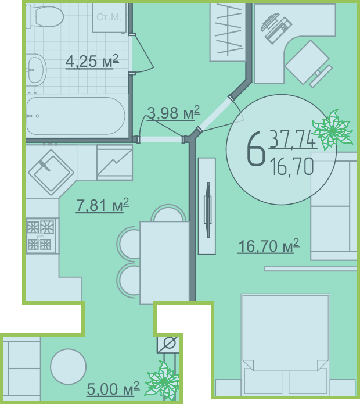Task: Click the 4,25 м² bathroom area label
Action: coord(92,61)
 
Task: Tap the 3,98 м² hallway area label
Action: coord(174,113)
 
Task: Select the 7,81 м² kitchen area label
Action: coord(102,205)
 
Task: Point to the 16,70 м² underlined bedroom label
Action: coord(268,246)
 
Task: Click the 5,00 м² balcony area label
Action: coord(113,389)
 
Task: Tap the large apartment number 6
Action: coord(255,148)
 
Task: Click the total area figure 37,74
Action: coord(293,140)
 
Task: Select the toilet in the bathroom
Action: coord(45,16)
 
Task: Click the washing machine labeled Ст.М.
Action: coord(109,17)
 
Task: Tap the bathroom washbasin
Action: coord(36,70)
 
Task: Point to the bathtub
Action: coord(75,116)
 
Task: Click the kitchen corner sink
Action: coord(51,172)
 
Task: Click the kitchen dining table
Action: coord(165,262)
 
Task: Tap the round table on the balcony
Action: coord(68,366)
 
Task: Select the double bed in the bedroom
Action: coord(285,345)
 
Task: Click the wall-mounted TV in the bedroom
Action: coord(207,206)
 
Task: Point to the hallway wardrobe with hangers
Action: coord(228,32)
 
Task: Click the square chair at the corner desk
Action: coord(307,62)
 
